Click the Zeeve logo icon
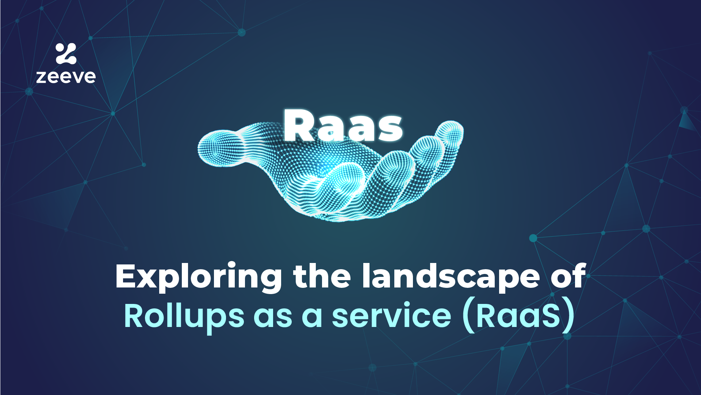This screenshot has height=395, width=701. pyautogui.click(x=66, y=53)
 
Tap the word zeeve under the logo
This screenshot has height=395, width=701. pyautogui.click(x=66, y=76)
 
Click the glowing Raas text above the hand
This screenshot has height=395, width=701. pyautogui.click(x=343, y=126)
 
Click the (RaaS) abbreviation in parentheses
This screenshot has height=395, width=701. pyautogui.click(x=518, y=316)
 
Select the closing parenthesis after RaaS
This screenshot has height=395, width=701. pyautogui.click(x=569, y=316)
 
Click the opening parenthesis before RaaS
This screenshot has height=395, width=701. pyautogui.click(x=468, y=316)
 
